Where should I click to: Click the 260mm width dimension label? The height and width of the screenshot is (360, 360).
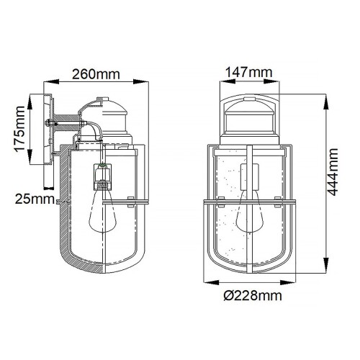coord(95,73)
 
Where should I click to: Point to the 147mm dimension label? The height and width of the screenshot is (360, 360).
coord(248,72)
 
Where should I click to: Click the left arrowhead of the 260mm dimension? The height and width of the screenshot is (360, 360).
coord(48,82)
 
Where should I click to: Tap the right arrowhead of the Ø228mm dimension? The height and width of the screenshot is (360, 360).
coord(294,282)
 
